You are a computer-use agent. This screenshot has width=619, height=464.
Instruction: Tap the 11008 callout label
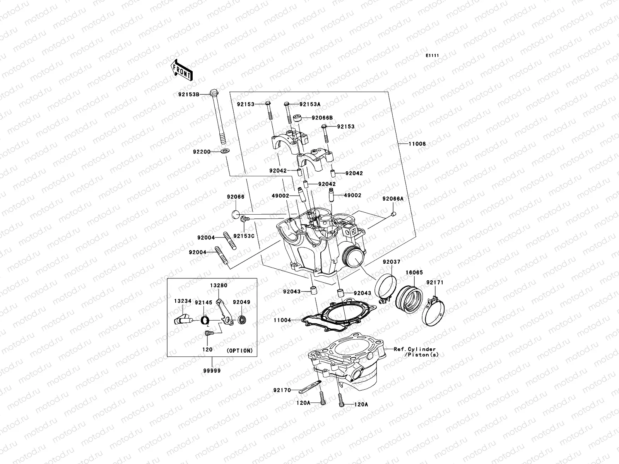(417, 144)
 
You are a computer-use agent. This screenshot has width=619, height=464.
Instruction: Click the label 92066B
(322, 118)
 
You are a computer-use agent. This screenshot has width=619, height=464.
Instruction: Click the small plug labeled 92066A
(393, 214)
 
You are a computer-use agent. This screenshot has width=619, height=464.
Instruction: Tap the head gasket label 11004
(282, 320)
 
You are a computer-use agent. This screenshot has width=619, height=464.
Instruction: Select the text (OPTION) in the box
(239, 351)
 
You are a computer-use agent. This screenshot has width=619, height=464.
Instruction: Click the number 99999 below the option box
(212, 370)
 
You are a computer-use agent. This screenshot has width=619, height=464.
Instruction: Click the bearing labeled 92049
(242, 320)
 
